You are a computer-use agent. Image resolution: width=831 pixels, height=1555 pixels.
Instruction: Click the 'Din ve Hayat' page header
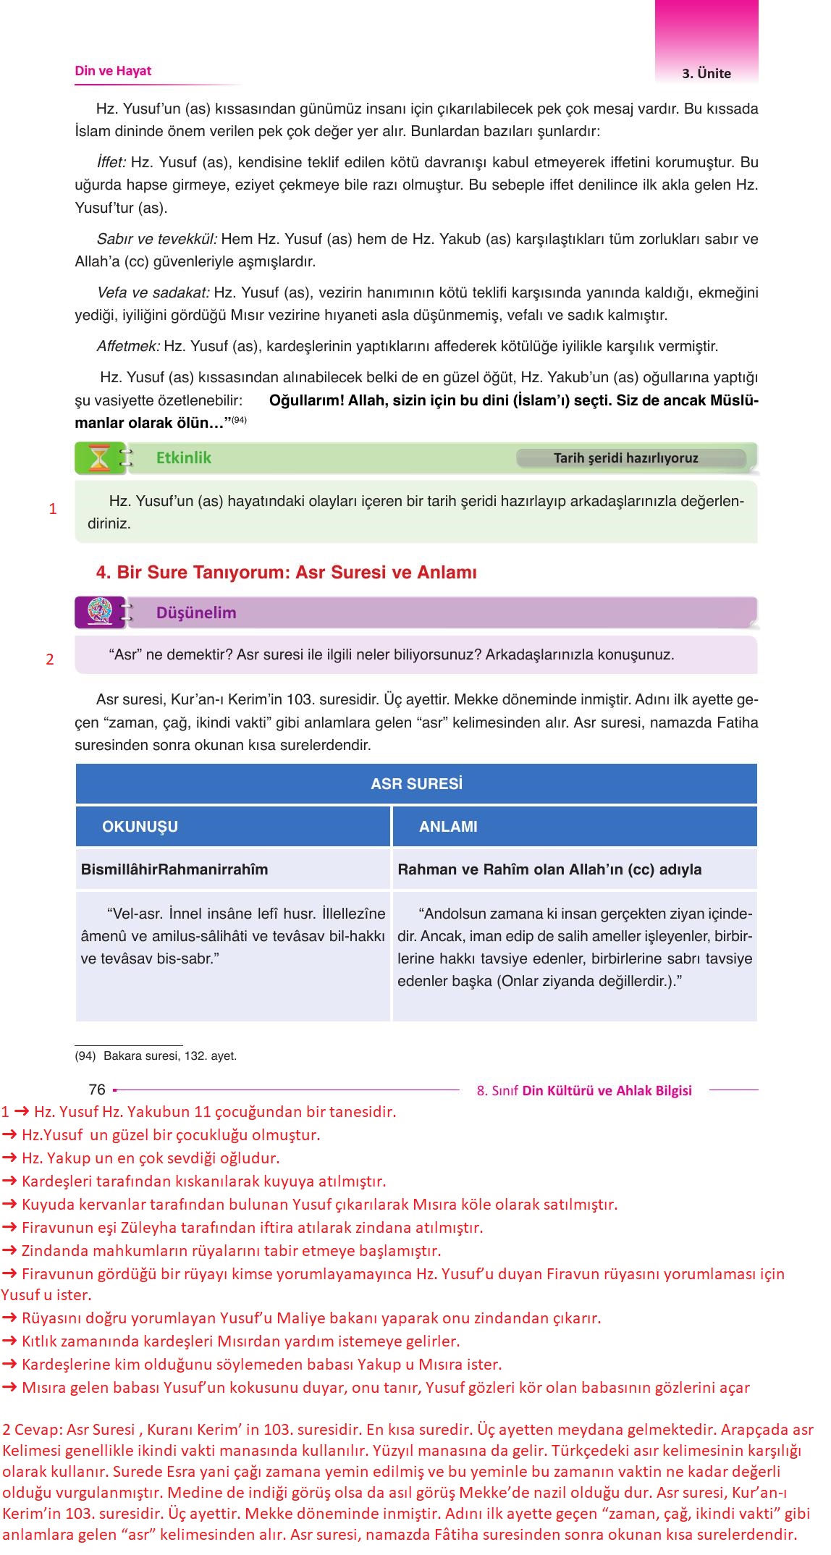(x=113, y=71)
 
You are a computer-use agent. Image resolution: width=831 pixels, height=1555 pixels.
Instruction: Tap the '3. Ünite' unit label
(x=706, y=73)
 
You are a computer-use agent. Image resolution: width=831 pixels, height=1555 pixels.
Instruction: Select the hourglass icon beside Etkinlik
(x=99, y=458)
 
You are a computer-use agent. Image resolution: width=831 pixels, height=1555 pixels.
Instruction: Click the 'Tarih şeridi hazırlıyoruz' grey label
(x=625, y=458)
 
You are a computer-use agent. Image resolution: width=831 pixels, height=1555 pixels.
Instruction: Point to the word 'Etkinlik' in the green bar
(x=184, y=458)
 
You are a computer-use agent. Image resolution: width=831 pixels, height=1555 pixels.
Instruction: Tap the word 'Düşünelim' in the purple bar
(x=196, y=612)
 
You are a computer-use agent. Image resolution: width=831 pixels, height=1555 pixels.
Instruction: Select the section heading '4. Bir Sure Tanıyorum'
(x=286, y=573)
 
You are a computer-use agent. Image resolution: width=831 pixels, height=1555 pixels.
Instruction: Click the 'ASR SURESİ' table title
(x=416, y=784)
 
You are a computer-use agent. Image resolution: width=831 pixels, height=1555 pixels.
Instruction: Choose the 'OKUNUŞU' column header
(x=140, y=827)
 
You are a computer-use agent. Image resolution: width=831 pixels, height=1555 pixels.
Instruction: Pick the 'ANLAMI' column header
(x=448, y=827)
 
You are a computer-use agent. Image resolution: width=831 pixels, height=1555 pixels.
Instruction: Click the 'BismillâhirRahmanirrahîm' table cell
(x=174, y=869)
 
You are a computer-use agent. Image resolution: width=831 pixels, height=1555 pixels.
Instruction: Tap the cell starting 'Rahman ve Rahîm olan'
(x=549, y=869)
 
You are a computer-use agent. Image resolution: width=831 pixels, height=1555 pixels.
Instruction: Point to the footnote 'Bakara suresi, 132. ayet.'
(x=169, y=1055)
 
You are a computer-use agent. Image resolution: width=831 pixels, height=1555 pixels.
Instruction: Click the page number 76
(x=97, y=1090)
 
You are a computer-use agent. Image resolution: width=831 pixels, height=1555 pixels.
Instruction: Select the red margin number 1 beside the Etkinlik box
(x=52, y=509)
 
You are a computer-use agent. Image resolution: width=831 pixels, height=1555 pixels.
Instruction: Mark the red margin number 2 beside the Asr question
(x=50, y=659)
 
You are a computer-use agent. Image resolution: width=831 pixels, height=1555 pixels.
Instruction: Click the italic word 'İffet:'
(x=111, y=162)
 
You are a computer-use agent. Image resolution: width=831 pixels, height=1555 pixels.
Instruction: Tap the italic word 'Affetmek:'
(x=128, y=346)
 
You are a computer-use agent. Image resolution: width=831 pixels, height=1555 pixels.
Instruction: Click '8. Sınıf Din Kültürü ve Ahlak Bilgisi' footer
(x=584, y=1090)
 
